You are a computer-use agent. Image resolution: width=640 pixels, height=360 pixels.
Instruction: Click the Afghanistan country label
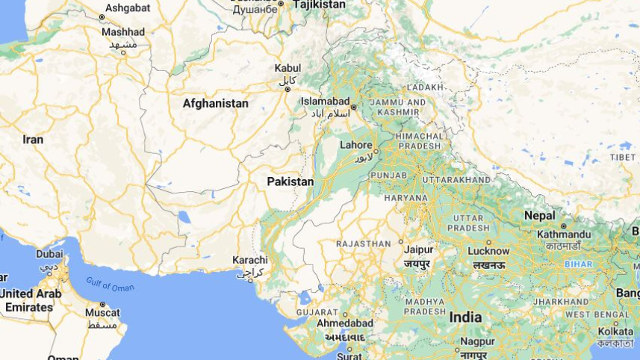[x=215, y=103]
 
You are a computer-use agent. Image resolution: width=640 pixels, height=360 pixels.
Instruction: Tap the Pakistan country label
[x=291, y=181]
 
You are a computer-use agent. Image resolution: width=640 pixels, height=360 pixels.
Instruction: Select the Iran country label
[x=33, y=140]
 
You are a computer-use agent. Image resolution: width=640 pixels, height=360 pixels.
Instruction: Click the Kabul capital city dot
[x=288, y=89]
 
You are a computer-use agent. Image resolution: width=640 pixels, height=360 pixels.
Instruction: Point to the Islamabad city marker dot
[x=354, y=106]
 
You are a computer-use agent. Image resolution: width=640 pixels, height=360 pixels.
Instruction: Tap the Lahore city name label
[x=355, y=145]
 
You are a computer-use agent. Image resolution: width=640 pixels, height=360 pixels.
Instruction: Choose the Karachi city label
[x=249, y=260]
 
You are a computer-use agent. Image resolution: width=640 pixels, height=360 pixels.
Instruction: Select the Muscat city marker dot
[x=102, y=305]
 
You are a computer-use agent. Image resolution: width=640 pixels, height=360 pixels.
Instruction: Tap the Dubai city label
[x=49, y=254]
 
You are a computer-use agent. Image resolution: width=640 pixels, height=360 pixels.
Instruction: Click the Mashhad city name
[x=123, y=32]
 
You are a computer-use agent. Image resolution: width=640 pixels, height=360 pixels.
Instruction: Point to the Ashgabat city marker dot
[x=102, y=16]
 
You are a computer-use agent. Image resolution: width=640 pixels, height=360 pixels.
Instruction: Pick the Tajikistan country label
[x=319, y=4]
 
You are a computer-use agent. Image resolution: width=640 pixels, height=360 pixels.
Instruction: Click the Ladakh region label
[x=425, y=87]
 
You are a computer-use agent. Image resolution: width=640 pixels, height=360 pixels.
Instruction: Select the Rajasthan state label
[x=363, y=243]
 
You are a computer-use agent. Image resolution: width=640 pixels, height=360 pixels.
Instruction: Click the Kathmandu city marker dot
[x=563, y=225]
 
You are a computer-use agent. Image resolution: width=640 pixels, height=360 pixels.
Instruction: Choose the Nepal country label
[x=539, y=215]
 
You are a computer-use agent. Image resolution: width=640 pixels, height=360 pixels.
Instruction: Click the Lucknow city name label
[x=488, y=251]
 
